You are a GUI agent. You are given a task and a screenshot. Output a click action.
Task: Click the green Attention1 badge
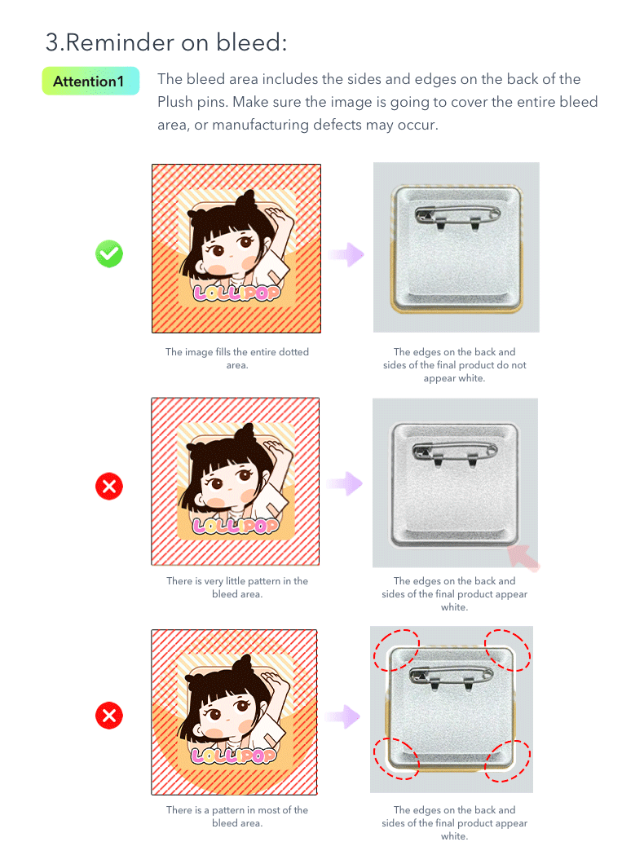click(x=90, y=82)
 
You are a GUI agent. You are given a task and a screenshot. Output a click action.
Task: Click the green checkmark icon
click(x=109, y=254)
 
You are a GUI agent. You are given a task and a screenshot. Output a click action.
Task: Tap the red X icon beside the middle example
click(x=109, y=487)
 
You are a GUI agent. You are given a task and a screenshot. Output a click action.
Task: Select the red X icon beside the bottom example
click(x=109, y=716)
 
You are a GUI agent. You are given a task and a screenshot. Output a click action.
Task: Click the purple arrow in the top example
click(x=346, y=254)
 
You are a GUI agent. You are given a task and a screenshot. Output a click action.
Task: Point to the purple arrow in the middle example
click(x=345, y=483)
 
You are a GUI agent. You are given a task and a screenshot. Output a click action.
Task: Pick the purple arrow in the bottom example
click(x=343, y=716)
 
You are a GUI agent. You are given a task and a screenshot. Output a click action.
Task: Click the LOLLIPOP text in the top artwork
click(x=237, y=293)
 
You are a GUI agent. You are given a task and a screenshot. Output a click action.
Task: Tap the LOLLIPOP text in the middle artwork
click(x=236, y=526)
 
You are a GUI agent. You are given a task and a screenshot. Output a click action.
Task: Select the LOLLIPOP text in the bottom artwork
click(x=234, y=756)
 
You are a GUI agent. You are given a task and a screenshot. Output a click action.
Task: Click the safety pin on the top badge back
click(x=457, y=216)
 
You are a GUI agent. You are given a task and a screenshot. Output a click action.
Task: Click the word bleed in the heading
click(x=249, y=42)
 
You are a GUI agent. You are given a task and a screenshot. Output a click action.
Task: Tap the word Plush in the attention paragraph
click(x=174, y=102)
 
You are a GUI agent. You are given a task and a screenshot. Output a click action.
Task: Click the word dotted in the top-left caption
click(x=294, y=352)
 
